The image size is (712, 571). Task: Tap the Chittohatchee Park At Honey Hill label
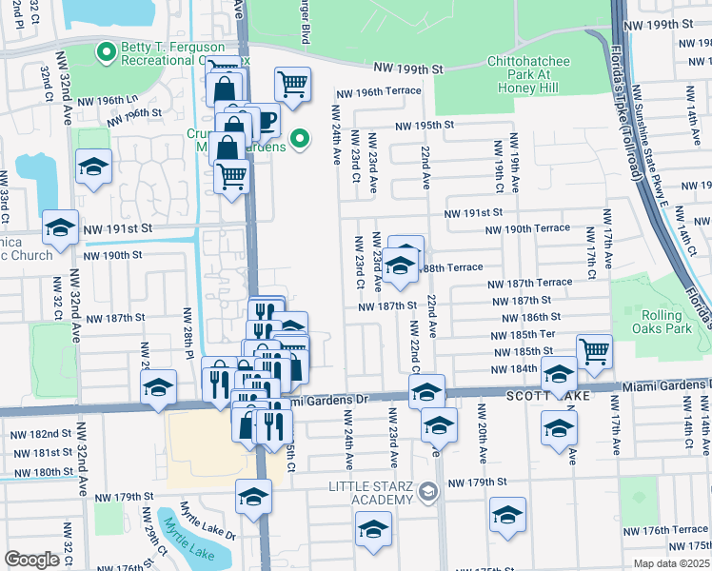(x=514, y=75)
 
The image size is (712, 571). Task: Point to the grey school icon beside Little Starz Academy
(x=427, y=491)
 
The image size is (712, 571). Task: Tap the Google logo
(x=31, y=560)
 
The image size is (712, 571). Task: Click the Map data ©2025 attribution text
(x=670, y=563)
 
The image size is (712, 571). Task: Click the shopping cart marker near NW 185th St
(x=594, y=351)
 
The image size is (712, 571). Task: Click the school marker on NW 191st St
(x=61, y=228)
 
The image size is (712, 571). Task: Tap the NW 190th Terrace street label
(x=526, y=229)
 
